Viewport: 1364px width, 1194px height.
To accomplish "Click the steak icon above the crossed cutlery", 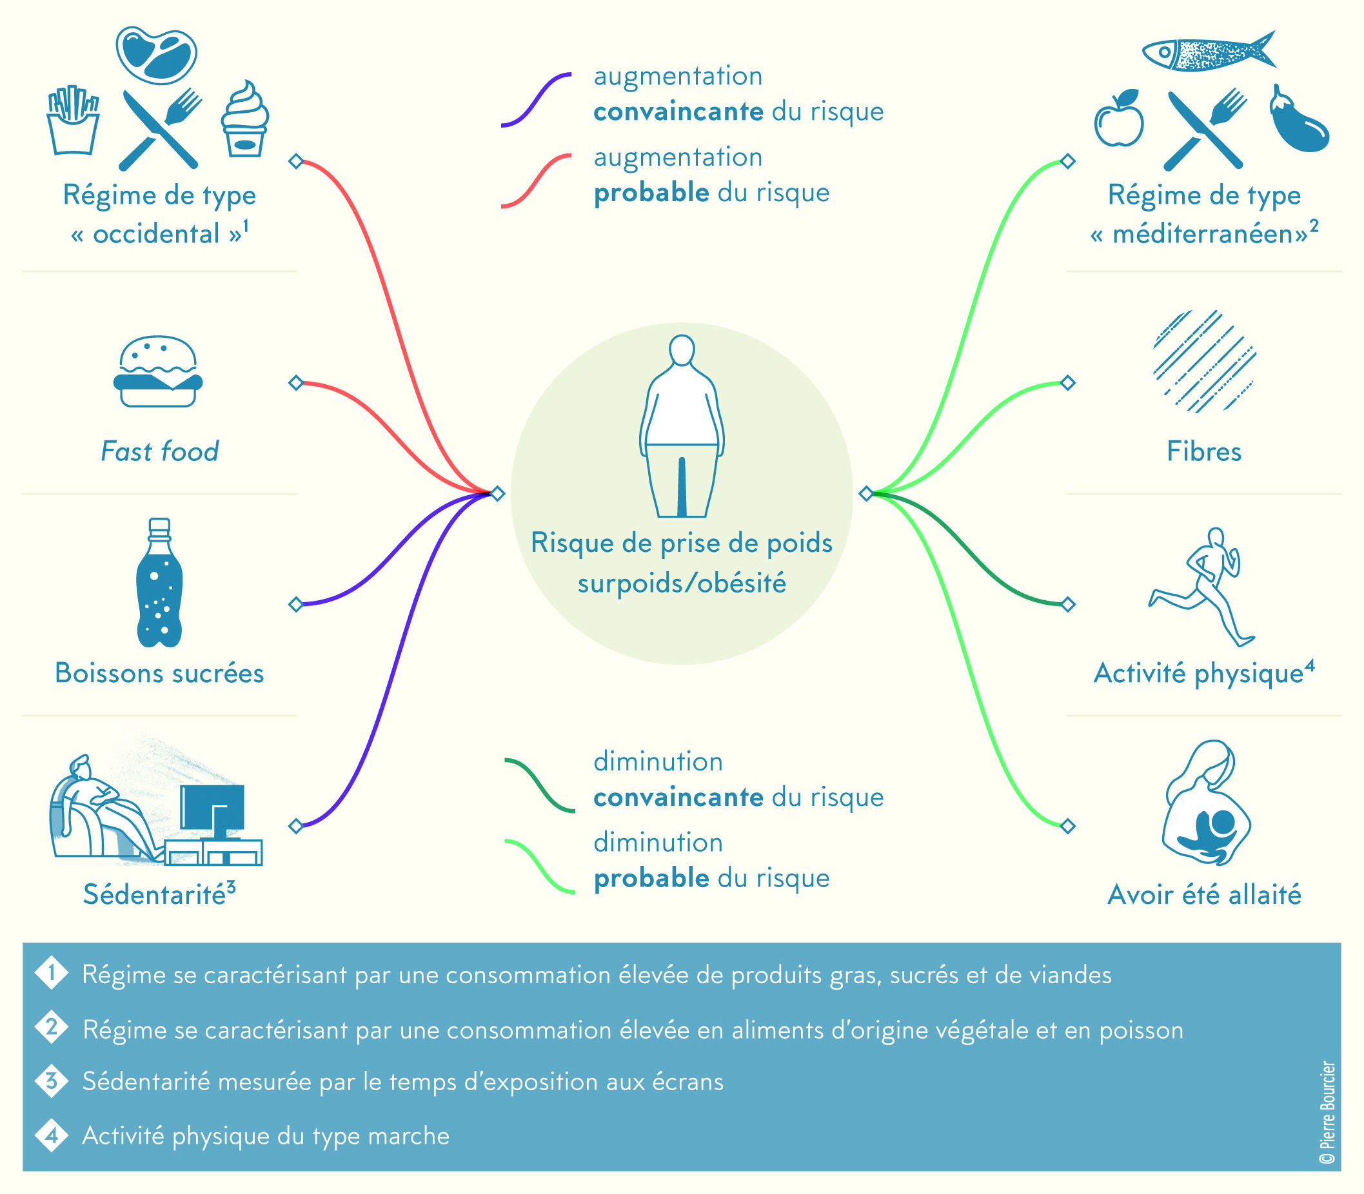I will pos(156,55).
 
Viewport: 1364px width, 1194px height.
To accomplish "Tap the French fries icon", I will pos(74,121).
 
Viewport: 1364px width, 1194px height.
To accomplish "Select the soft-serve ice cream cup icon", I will pos(244,120).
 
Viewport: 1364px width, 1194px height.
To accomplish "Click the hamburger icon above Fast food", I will pos(158,372).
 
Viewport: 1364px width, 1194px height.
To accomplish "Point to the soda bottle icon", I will pos(159,583).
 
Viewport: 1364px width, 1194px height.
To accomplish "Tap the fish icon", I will pos(1207,52).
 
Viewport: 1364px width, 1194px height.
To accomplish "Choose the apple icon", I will pos(1119,119).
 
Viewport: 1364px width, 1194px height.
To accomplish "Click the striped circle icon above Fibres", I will pos(1204,361).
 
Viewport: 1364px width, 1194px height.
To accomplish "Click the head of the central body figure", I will pos(682,349).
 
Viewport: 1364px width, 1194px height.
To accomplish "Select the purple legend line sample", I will pos(536,99).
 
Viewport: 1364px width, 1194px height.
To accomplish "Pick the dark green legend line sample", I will pos(539,785).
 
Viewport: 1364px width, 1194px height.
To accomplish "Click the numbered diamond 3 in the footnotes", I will pos(52,1081).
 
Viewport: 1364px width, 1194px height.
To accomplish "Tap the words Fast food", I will pos(159,451).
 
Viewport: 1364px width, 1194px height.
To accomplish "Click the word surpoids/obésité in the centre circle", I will pos(682,583).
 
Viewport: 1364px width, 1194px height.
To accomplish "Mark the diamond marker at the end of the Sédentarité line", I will pos(296,827).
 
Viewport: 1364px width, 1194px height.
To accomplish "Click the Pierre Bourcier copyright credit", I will pos(1327,1113).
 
